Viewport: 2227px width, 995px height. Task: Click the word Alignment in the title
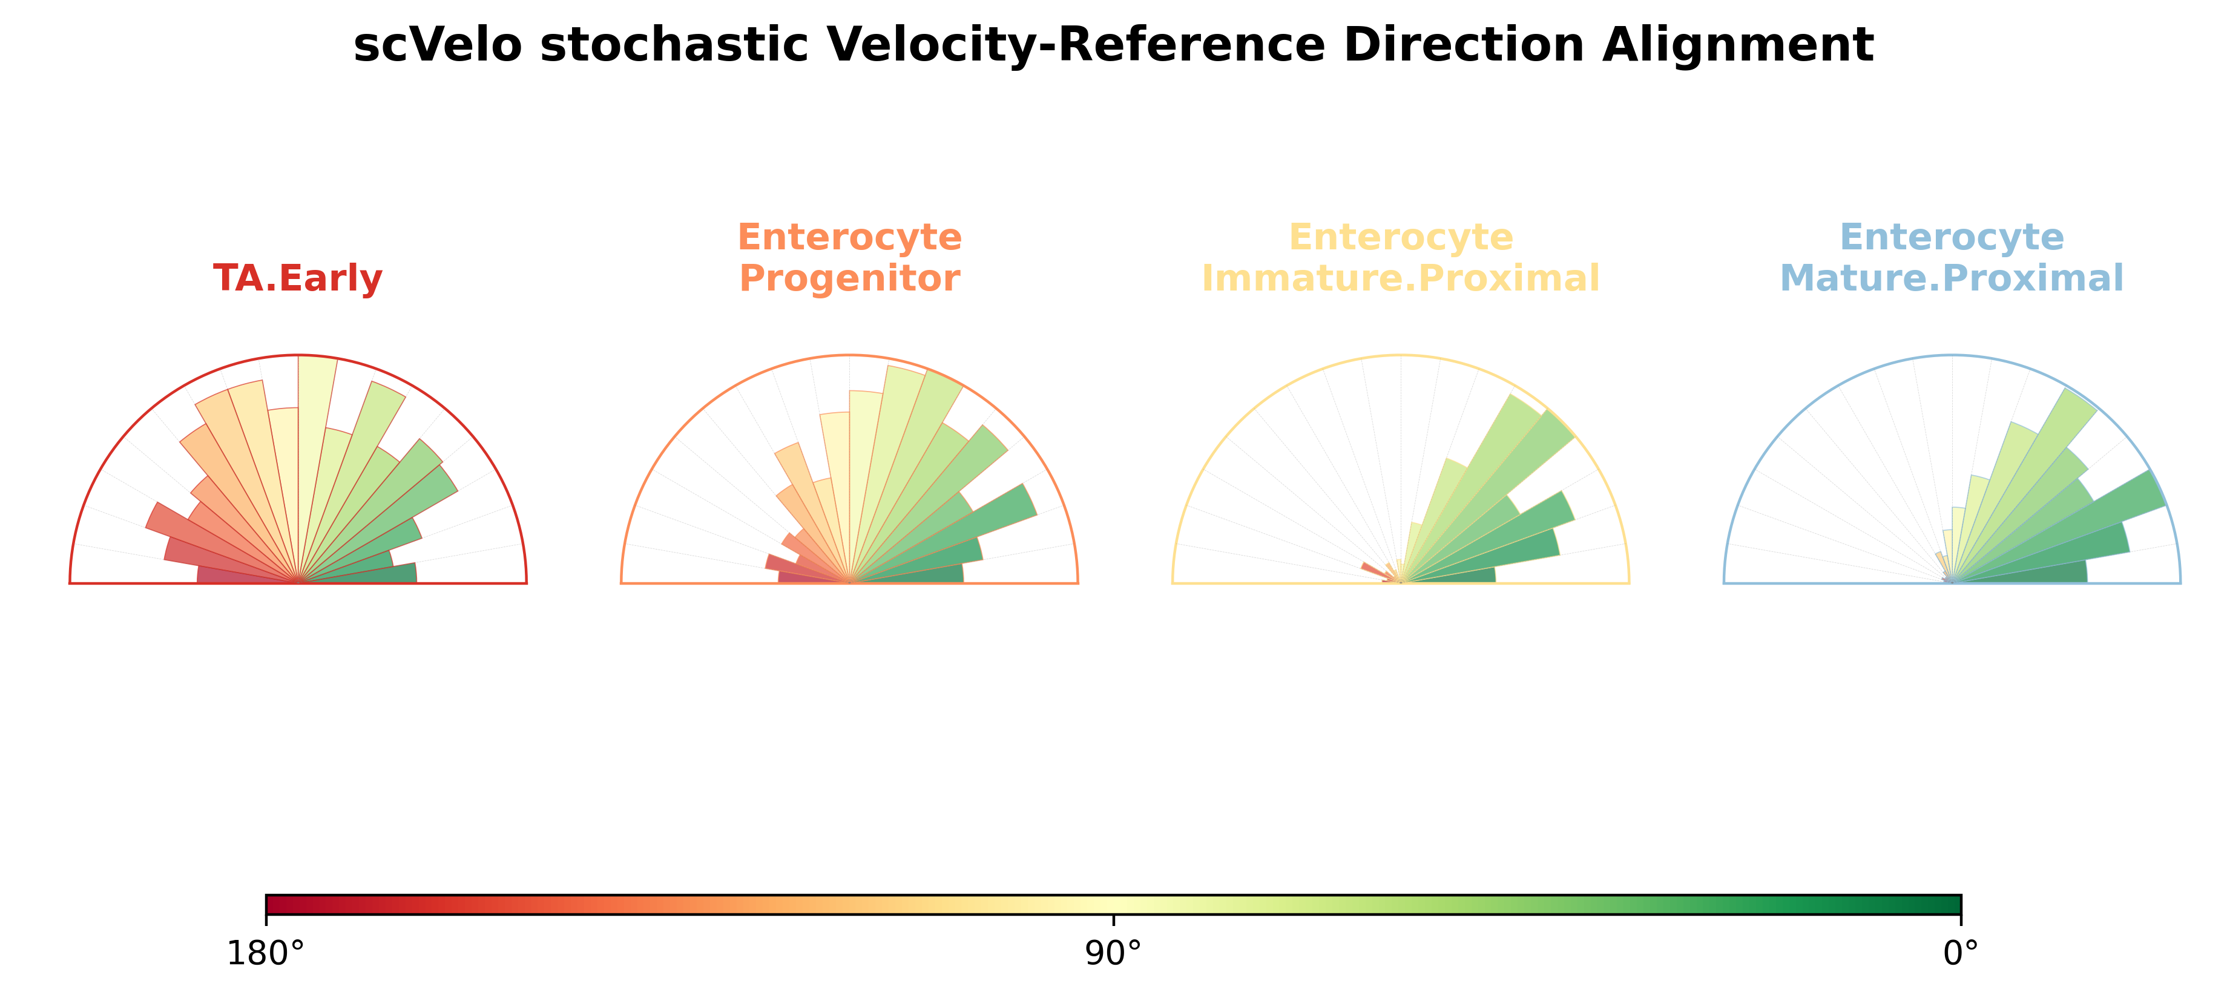(1738, 47)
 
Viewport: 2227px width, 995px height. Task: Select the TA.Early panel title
(297, 279)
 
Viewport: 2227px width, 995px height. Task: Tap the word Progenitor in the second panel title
(849, 279)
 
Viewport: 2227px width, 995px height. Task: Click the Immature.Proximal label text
(1401, 278)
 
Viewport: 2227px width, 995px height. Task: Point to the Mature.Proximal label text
(1951, 278)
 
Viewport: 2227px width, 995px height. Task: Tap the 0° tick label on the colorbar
(1960, 953)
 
